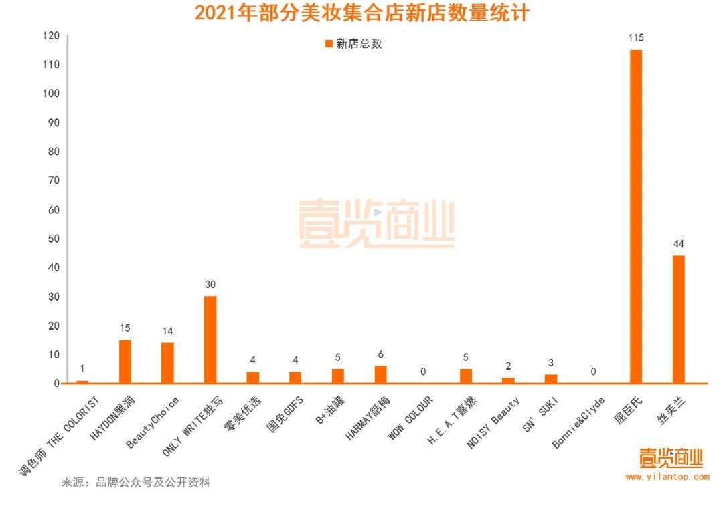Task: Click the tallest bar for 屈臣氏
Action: tap(635, 217)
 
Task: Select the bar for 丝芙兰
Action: tap(678, 319)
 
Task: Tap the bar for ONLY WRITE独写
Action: tap(210, 340)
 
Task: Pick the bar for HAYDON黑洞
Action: tap(125, 361)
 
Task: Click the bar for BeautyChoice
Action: tap(167, 363)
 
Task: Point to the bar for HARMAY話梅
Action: tap(380, 374)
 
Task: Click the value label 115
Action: tap(635, 38)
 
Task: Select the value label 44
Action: tap(678, 243)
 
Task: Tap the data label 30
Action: tap(210, 284)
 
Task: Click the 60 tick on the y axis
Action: tap(52, 210)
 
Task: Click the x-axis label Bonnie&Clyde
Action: tap(578, 422)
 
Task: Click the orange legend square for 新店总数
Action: tap(328, 44)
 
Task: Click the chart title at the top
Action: tap(361, 13)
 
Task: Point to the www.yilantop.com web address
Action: tap(667, 477)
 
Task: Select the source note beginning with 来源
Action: tap(136, 482)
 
